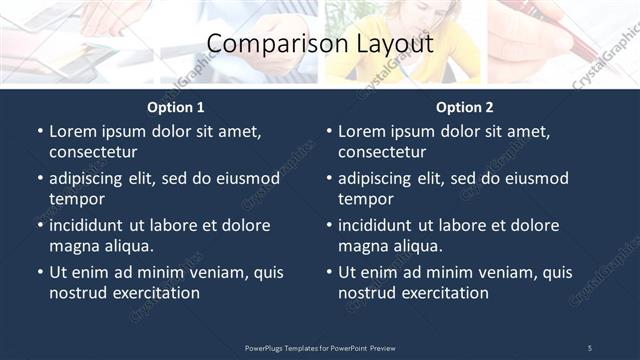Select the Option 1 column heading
click(x=176, y=107)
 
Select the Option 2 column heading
click(x=465, y=107)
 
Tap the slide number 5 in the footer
click(x=589, y=347)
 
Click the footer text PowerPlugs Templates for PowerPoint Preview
click(x=320, y=347)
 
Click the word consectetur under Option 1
click(x=93, y=152)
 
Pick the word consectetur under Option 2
click(x=382, y=152)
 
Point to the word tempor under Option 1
click(x=77, y=199)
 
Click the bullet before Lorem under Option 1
click(x=40, y=131)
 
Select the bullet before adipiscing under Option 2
click(x=329, y=178)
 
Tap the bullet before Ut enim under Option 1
click(x=40, y=272)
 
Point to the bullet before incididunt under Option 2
click(x=329, y=225)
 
